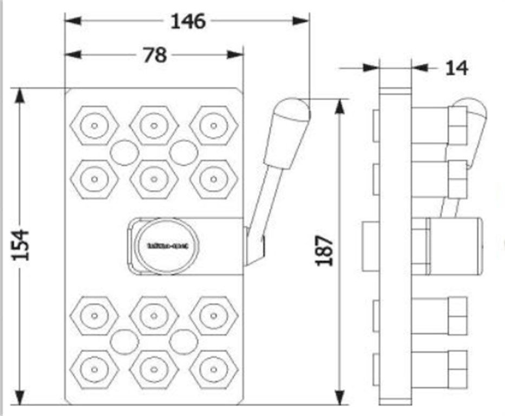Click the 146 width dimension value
pyautogui.click(x=188, y=21)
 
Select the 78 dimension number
pyautogui.click(x=155, y=55)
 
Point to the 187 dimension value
pyautogui.click(x=324, y=250)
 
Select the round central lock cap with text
pyautogui.click(x=167, y=245)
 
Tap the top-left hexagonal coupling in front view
pyautogui.click(x=94, y=126)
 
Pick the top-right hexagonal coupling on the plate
pyautogui.click(x=214, y=126)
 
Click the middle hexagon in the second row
pyautogui.click(x=154, y=178)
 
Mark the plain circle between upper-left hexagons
pyautogui.click(x=123, y=152)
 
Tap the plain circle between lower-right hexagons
pyautogui.click(x=183, y=342)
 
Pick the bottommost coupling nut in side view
pyautogui.click(x=457, y=368)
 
